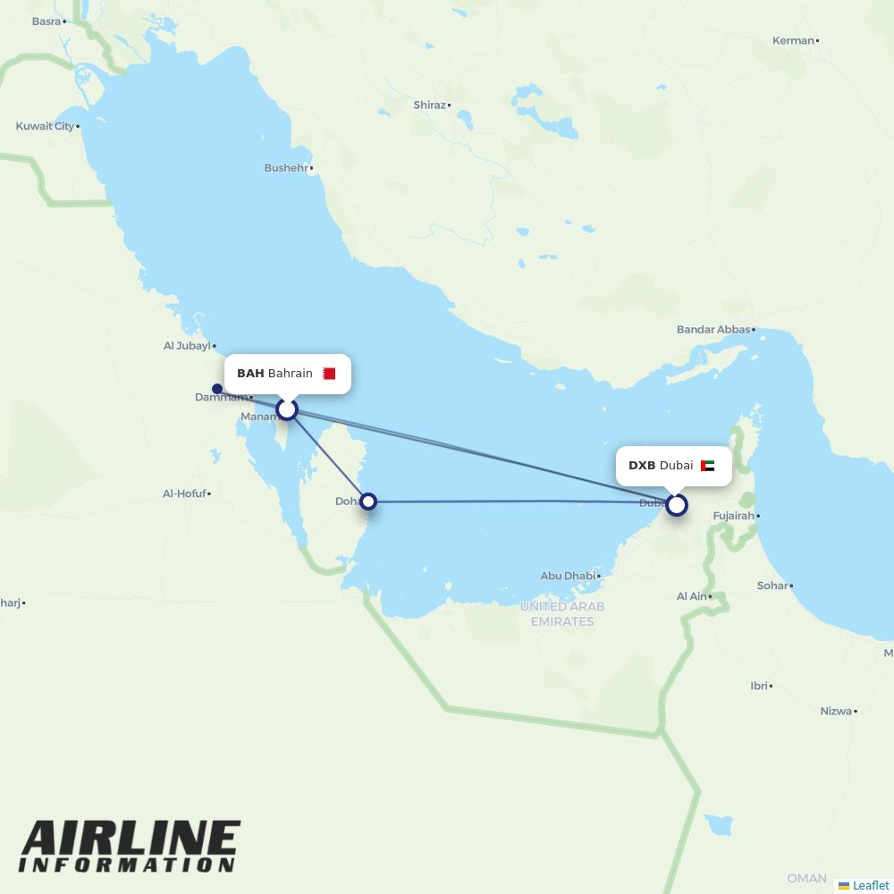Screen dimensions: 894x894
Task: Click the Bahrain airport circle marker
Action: tap(286, 409)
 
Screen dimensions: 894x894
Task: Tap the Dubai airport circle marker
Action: tap(677, 505)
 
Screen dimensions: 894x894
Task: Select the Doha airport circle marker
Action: tap(367, 502)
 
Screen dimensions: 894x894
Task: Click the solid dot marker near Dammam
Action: tap(217, 389)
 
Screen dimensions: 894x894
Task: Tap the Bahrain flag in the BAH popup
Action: tap(329, 374)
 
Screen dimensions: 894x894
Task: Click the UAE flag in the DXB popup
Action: tap(708, 466)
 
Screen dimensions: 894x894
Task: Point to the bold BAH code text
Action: tap(250, 374)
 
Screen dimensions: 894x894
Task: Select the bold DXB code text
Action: tap(642, 466)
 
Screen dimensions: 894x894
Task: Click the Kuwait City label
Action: tap(45, 126)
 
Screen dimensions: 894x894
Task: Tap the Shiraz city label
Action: tap(429, 105)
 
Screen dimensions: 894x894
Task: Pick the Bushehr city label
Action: tap(286, 167)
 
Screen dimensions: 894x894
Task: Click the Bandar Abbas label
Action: tap(713, 330)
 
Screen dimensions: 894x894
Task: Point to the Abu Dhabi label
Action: tap(568, 576)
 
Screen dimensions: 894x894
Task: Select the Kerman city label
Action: tap(793, 40)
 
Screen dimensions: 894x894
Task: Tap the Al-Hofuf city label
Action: tap(184, 493)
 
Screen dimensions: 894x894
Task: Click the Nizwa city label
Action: tap(836, 711)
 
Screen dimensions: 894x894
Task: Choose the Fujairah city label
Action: tap(733, 516)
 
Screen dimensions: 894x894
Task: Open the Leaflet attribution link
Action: tap(870, 885)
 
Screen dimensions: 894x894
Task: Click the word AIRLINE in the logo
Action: tap(131, 839)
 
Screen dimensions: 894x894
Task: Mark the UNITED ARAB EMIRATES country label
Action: tap(562, 613)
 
